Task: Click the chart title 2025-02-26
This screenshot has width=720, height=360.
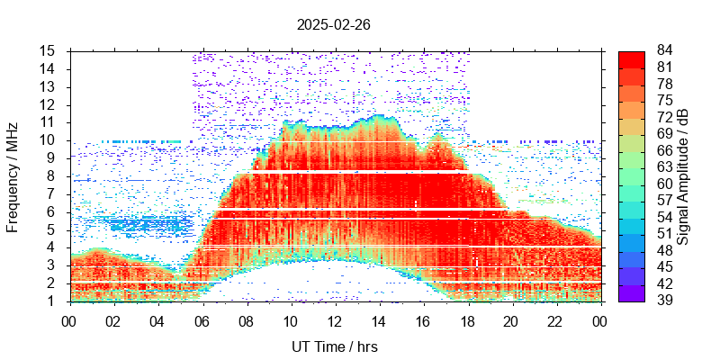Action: click(x=333, y=25)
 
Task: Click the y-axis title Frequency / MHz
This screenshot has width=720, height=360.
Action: click(x=13, y=175)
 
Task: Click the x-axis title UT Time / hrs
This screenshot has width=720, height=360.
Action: click(x=334, y=346)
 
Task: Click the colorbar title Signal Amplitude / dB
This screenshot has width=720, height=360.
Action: click(x=684, y=176)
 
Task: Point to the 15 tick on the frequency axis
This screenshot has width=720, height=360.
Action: click(x=49, y=50)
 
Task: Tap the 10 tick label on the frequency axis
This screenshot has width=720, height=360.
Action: click(x=49, y=139)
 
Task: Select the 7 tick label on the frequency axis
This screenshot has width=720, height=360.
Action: click(x=52, y=193)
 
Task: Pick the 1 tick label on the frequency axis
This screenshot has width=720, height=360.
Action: click(x=52, y=301)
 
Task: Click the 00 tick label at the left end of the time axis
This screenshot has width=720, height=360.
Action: click(x=69, y=319)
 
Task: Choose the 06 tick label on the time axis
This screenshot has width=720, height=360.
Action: click(x=202, y=319)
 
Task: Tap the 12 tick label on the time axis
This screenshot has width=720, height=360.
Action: click(x=335, y=319)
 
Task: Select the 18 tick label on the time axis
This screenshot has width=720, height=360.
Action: click(x=467, y=319)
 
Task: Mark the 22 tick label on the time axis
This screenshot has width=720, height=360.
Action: click(x=555, y=319)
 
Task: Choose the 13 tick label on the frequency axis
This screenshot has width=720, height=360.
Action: click(x=49, y=86)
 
